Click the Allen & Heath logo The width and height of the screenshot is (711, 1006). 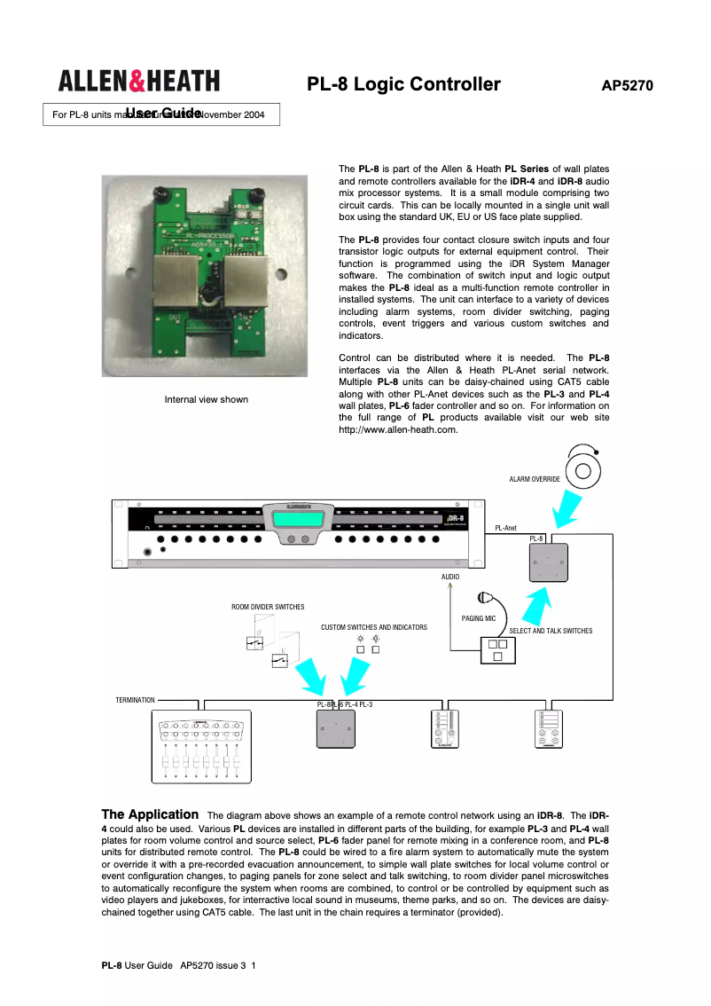point(138,82)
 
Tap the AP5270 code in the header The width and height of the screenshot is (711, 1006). point(627,86)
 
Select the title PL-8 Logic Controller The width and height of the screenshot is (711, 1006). point(403,85)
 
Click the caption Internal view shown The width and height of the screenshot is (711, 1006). point(206,399)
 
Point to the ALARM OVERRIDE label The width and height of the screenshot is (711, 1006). point(534,479)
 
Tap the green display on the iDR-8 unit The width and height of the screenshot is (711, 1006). point(298,520)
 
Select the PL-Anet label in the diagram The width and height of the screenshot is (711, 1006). point(505,528)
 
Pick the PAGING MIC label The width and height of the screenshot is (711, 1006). point(479,618)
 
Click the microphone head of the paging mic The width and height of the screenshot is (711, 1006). point(483,597)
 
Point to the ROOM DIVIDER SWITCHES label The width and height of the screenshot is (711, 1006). point(268,607)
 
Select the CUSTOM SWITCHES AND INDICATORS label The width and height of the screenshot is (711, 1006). point(373,627)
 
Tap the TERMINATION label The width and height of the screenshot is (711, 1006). point(135,700)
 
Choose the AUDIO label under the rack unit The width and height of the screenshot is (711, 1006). point(450,577)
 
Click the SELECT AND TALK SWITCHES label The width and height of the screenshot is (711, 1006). point(551,631)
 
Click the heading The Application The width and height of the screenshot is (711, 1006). point(150,814)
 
